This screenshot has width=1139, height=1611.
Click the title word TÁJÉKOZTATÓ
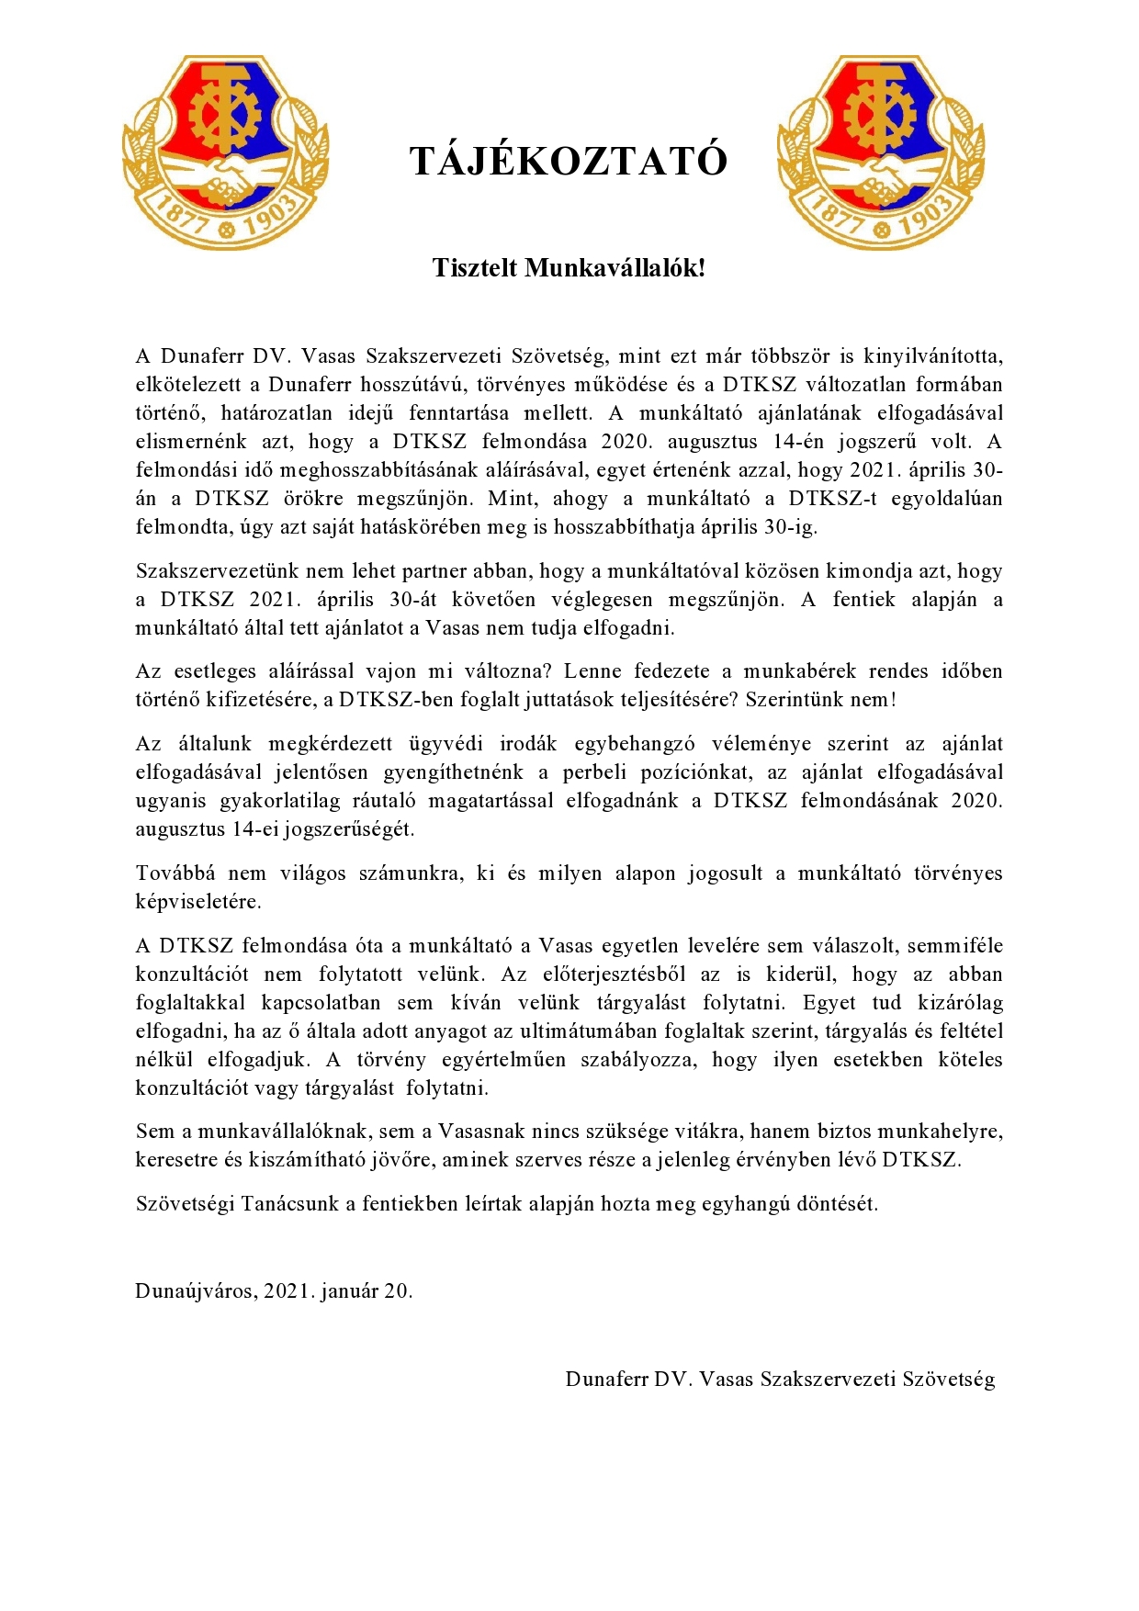[569, 162]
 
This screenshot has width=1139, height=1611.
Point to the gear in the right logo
[880, 114]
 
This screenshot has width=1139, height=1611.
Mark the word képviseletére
[198, 901]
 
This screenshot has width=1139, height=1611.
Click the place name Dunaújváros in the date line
[195, 1290]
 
